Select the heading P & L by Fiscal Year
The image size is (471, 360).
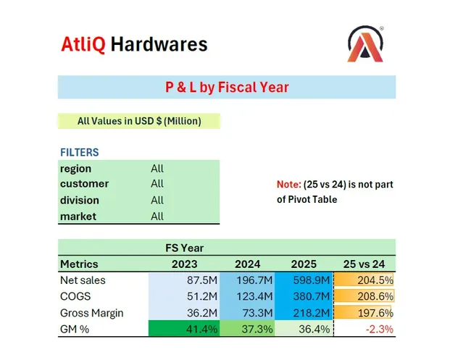227,88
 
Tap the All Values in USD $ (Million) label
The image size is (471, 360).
139,121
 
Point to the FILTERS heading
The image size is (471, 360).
80,153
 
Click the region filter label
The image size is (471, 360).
75,169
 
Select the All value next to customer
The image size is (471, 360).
157,184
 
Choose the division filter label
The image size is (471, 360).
80,200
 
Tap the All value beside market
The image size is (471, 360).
157,216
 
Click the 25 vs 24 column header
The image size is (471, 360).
365,264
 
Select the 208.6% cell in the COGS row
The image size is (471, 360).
377,296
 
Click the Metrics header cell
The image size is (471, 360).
79,264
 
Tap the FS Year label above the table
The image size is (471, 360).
185,248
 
